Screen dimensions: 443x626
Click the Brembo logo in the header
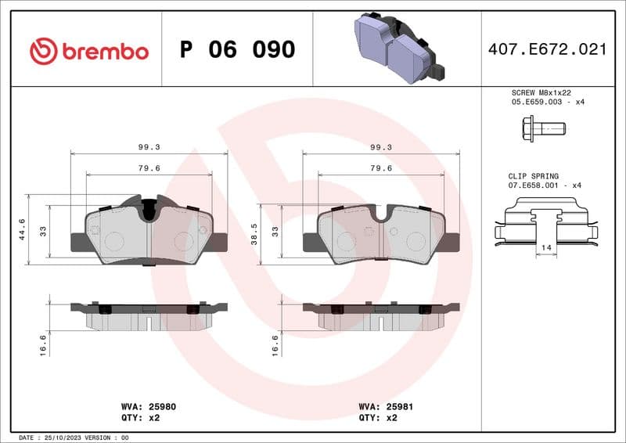pos(88,51)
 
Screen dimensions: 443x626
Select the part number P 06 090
pos(237,50)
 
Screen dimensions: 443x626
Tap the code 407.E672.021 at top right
pos(547,49)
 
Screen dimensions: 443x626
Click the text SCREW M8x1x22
pos(541,92)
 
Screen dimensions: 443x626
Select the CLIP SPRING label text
pos(531,177)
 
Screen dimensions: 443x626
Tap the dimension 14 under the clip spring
pos(545,247)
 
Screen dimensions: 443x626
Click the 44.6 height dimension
pos(23,229)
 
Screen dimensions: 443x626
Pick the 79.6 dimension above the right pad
pos(380,167)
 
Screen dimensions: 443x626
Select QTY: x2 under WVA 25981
pos(377,418)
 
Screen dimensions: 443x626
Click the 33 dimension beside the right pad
pos(275,232)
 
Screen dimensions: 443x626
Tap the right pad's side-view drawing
pos(381,315)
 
